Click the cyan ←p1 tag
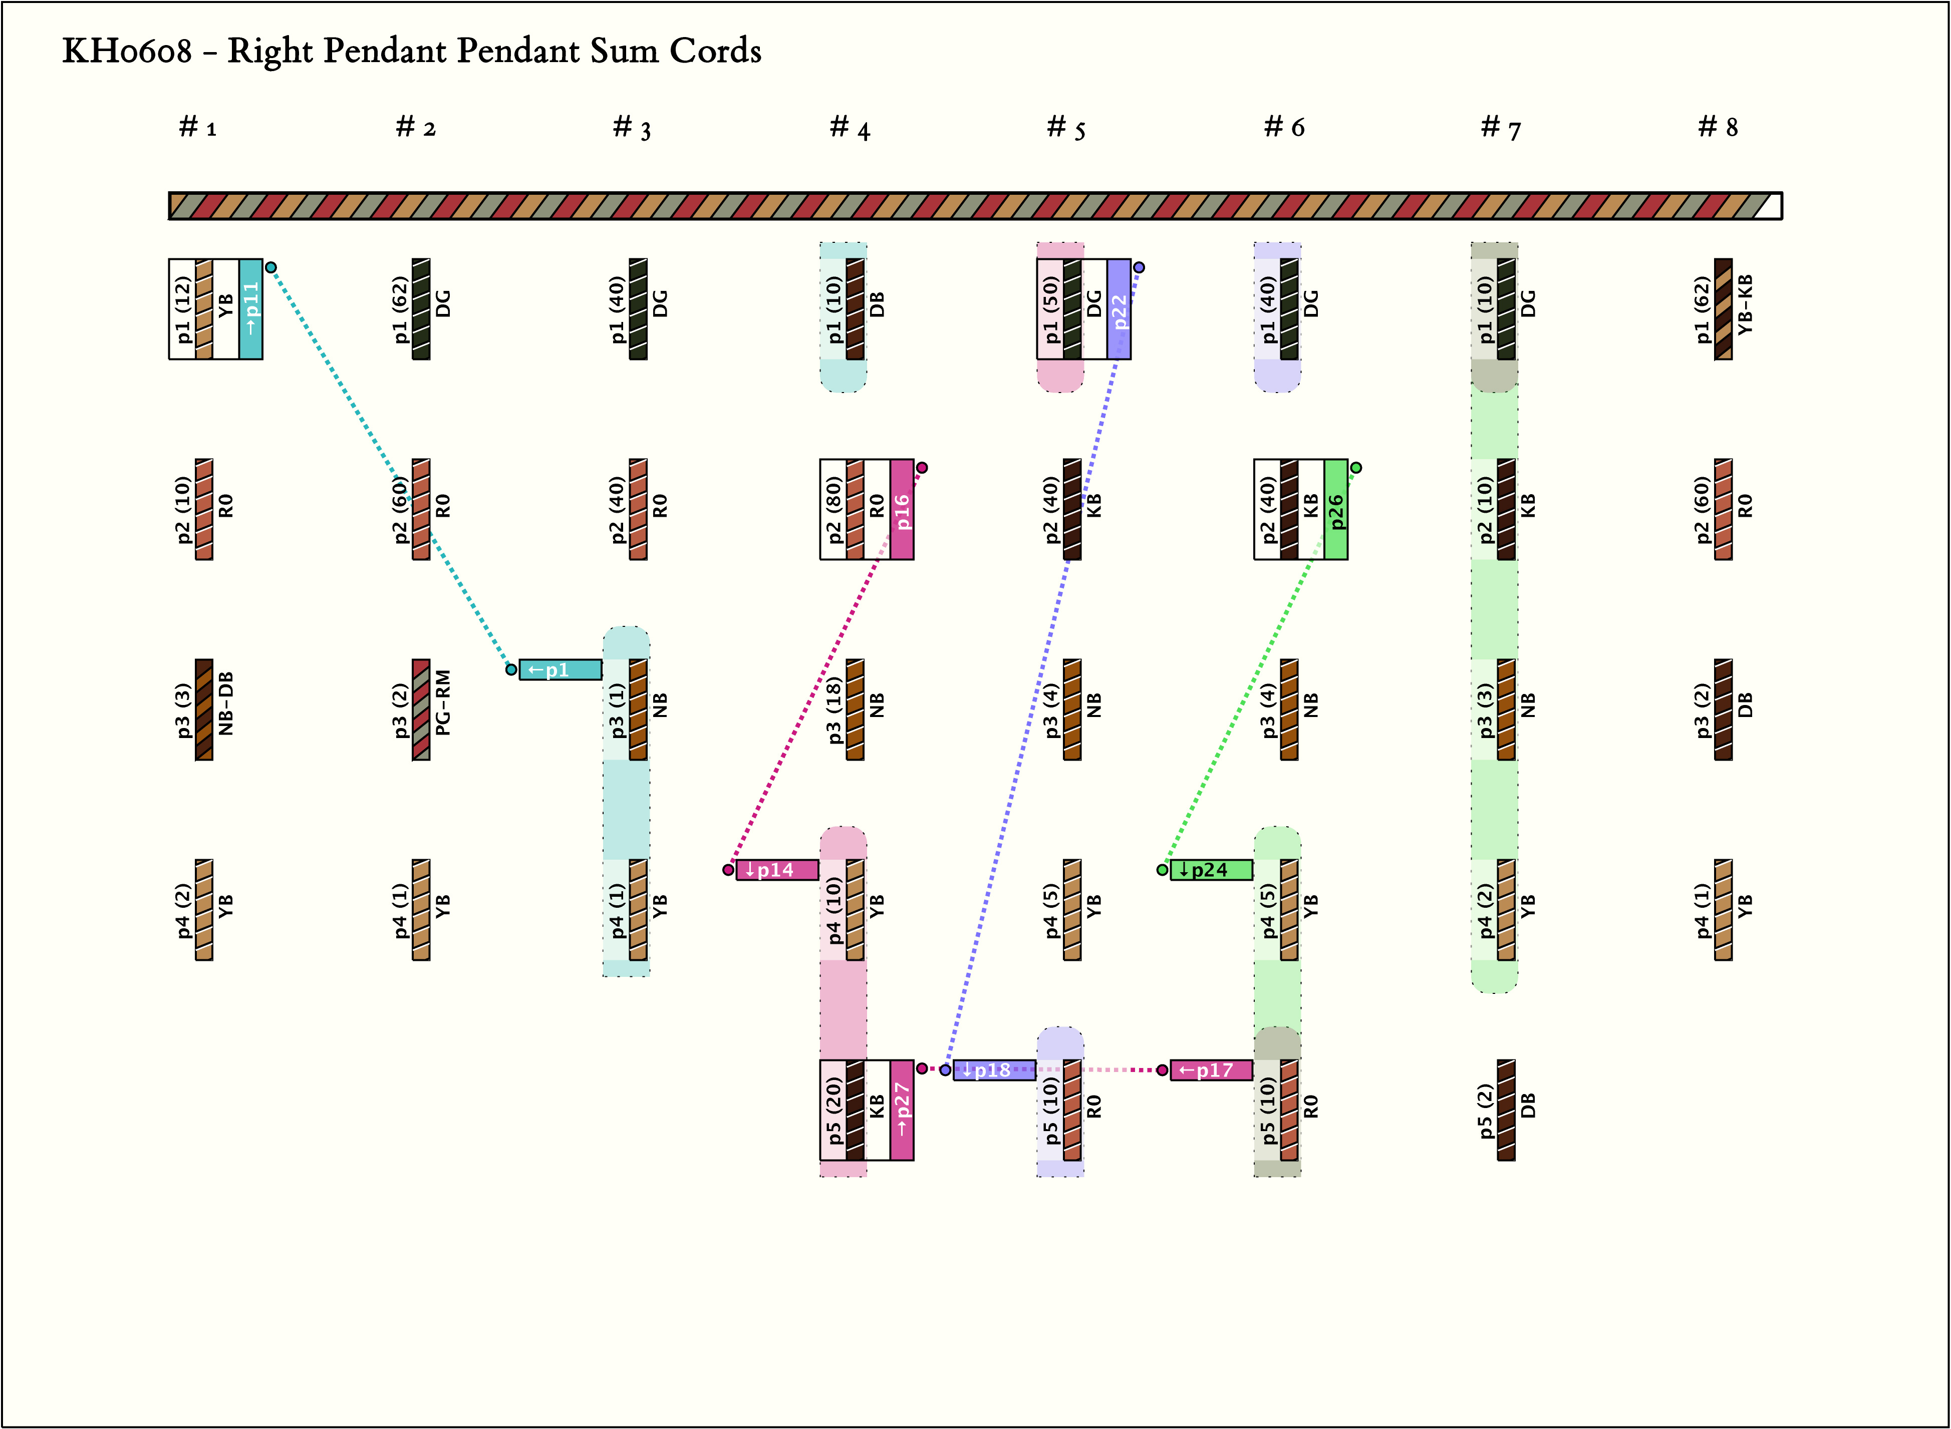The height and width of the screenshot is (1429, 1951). click(x=560, y=669)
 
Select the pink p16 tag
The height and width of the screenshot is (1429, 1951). click(x=902, y=510)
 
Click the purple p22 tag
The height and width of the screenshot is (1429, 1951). click(x=1119, y=309)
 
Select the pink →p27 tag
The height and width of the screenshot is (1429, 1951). click(x=902, y=1111)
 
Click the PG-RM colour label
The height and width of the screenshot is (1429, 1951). click(x=443, y=702)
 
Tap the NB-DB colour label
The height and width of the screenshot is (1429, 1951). click(x=226, y=702)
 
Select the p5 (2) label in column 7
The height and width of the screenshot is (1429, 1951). click(x=1485, y=1111)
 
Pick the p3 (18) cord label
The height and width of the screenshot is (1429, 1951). click(x=834, y=709)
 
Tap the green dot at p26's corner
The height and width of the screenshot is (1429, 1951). click(x=1356, y=467)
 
